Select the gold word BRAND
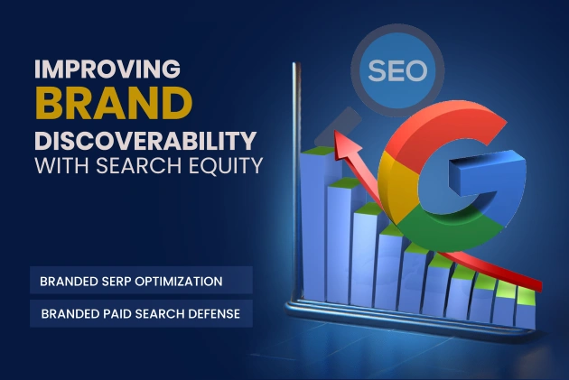coord(109,105)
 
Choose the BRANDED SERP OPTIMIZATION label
coord(131,281)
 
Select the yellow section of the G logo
coord(390,181)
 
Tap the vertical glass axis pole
coord(292,181)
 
